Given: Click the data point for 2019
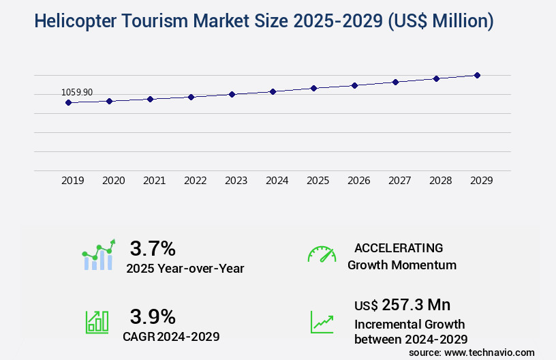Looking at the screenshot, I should tap(68, 102).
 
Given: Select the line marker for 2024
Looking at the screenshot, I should tap(273, 91).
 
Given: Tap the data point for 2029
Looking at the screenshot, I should tap(477, 75).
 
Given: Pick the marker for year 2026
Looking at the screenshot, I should tap(354, 85).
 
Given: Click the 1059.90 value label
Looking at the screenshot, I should tap(77, 92).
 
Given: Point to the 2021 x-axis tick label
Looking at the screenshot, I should tap(154, 181).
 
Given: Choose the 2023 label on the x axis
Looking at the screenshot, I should tap(236, 181).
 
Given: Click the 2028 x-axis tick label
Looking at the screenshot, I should tap(440, 181).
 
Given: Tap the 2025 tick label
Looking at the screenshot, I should tap(318, 181).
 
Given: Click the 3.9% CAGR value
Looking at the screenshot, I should tap(153, 316).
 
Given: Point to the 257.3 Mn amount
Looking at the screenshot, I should tap(416, 305).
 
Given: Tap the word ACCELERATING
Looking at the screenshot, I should tap(399, 247).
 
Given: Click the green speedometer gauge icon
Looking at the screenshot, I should tap(322, 254).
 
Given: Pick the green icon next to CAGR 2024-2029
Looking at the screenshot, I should tap(97, 322).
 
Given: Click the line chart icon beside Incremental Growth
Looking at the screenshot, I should tap(322, 322).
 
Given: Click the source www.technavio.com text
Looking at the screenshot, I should tap(472, 352).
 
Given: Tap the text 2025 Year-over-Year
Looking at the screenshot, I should tap(185, 269).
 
